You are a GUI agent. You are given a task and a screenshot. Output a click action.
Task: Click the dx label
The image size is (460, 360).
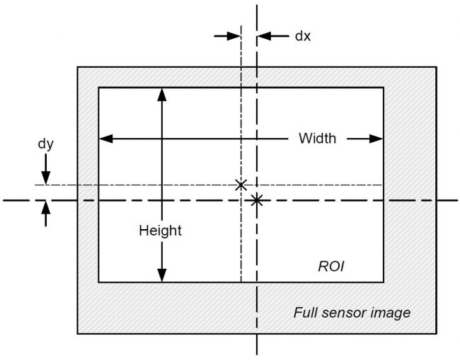[302, 36]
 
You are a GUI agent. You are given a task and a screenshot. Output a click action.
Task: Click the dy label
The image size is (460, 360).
[46, 144]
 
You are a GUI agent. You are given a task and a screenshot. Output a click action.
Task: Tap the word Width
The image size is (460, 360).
[317, 139]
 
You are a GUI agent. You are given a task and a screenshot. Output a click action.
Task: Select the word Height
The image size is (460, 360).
[160, 231]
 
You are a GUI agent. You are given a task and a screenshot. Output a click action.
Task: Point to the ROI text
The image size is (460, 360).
[331, 267]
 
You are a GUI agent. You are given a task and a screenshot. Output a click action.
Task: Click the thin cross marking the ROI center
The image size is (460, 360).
[241, 185]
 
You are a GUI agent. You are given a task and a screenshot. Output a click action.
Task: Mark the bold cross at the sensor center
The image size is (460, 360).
[257, 201]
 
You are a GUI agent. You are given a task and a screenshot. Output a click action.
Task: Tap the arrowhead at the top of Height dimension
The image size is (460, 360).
[162, 94]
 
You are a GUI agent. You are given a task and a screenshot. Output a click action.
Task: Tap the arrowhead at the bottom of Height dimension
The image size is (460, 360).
[162, 275]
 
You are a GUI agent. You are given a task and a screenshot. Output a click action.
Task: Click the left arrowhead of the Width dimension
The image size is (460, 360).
[106, 139]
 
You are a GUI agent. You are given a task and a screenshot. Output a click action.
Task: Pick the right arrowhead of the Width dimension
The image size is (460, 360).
[376, 139]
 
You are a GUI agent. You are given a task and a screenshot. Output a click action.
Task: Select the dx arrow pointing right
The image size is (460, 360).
[227, 36]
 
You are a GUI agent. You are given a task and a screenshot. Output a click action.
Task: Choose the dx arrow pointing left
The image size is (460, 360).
[273, 36]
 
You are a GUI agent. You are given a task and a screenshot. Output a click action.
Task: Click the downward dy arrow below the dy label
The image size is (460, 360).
[45, 169]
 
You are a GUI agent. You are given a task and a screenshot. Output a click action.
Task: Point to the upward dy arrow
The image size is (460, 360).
[45, 214]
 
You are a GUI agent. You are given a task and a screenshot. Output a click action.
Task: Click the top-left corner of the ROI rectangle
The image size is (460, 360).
[98, 88]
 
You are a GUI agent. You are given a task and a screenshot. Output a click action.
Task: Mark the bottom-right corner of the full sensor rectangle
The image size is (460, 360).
[437, 333]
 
